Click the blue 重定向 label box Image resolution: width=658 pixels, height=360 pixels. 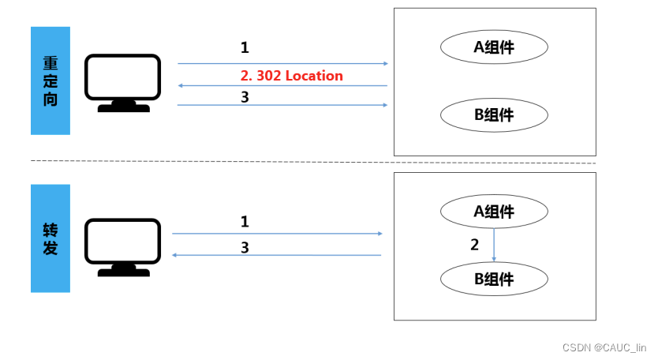[50, 81]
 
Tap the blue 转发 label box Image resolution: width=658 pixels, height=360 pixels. [50, 238]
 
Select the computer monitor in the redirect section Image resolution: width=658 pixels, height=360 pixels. [122, 82]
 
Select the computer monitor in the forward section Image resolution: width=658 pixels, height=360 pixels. [122, 247]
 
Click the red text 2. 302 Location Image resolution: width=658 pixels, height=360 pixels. [291, 76]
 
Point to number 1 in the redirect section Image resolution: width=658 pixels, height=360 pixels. [245, 48]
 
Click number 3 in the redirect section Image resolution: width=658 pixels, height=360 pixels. [245, 96]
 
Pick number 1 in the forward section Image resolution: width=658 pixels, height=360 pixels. [245, 222]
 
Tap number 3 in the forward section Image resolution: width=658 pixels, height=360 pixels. [245, 247]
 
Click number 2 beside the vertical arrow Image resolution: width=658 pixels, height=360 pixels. [474, 245]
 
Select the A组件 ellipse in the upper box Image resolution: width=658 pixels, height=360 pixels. [494, 47]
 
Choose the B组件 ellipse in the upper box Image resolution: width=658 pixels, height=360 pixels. [494, 115]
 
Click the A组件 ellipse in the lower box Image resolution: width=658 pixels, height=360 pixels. [494, 212]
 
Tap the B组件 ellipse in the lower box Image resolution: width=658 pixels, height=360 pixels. [494, 279]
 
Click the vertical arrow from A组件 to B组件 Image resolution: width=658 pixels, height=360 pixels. [494, 245]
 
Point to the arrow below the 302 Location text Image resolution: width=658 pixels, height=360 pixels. [282, 85]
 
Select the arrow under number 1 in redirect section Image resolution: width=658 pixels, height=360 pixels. [282, 63]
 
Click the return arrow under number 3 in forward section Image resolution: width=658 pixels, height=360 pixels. [276, 255]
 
